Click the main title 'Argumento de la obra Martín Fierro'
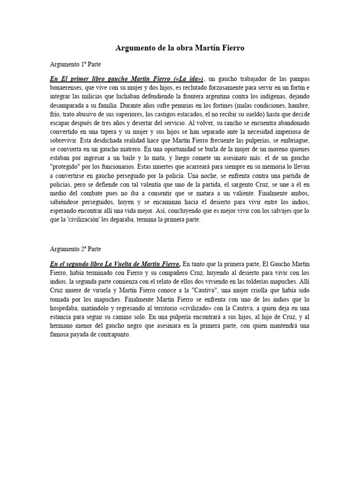[180, 48]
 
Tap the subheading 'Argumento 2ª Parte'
[75, 249]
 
